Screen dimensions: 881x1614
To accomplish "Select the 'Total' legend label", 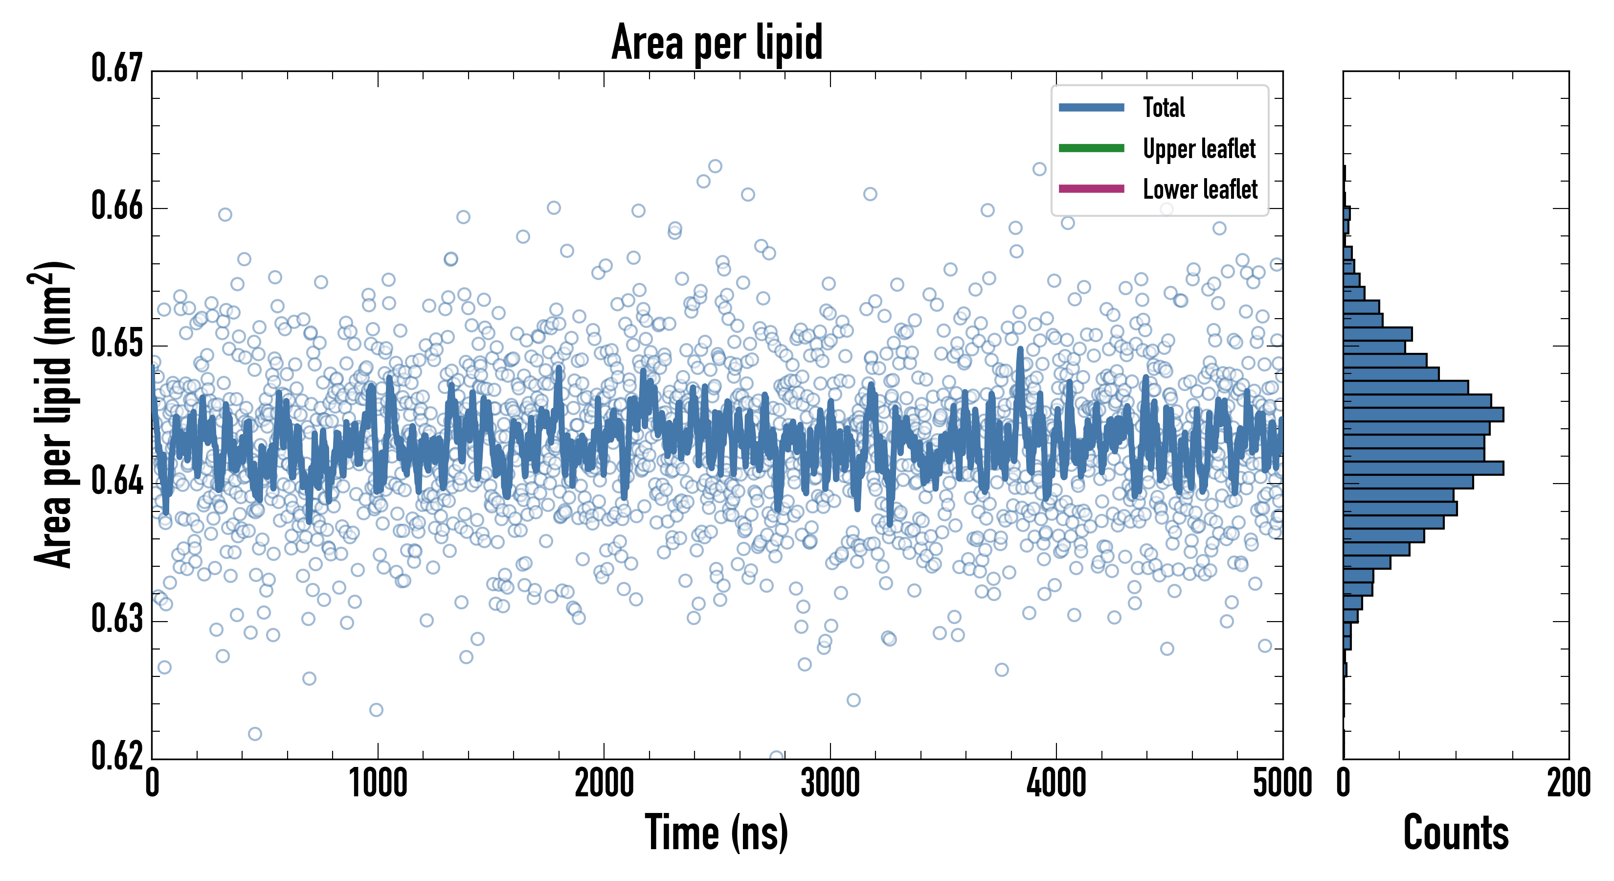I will click(1164, 107).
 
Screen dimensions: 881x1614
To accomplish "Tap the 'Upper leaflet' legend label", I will click(1199, 149).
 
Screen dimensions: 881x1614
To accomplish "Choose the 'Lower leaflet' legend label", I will click(1200, 189).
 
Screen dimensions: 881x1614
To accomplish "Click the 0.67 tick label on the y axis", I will click(117, 69).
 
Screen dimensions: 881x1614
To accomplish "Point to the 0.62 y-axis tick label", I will click(117, 756).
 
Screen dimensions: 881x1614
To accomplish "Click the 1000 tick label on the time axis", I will click(378, 784).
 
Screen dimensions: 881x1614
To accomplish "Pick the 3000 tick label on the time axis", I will click(830, 784).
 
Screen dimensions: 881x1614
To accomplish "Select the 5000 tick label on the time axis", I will click(1282, 784).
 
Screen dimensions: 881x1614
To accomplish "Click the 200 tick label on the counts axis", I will click(1568, 784).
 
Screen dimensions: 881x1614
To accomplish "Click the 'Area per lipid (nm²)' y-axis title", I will click(53, 414).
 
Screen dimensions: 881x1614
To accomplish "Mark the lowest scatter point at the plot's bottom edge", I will click(776, 757).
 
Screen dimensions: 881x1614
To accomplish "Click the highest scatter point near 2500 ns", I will click(715, 166).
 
